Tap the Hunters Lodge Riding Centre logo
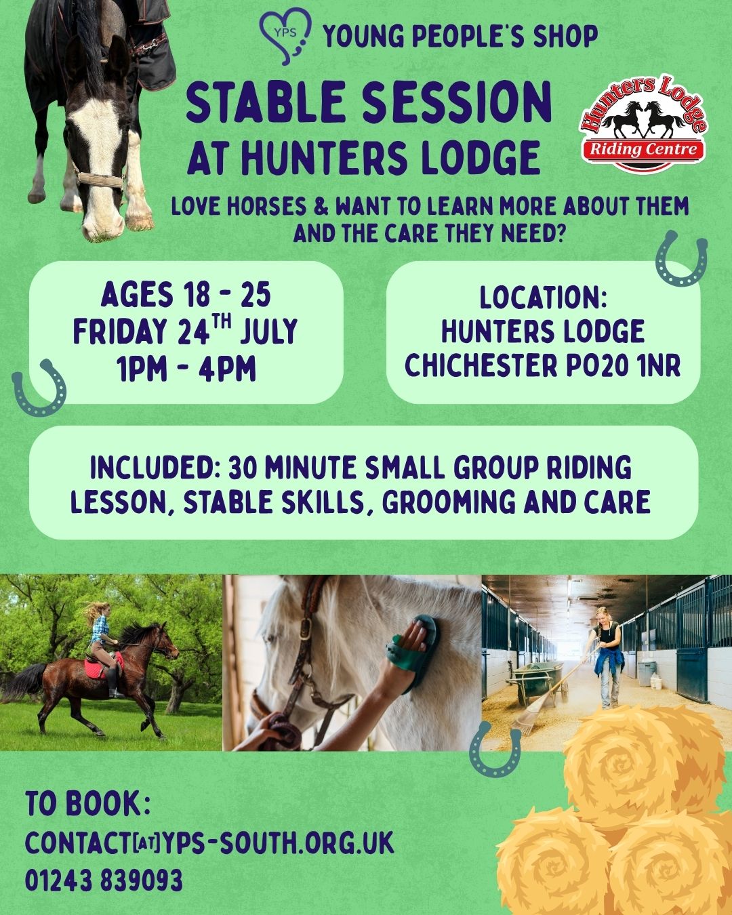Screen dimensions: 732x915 [644, 124]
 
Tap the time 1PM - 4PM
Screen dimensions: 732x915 [186, 368]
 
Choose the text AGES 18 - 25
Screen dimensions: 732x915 [186, 295]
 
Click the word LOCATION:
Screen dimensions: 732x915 [543, 298]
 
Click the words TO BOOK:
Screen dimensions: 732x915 [89, 802]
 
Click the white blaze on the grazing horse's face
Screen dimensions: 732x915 [99, 161]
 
